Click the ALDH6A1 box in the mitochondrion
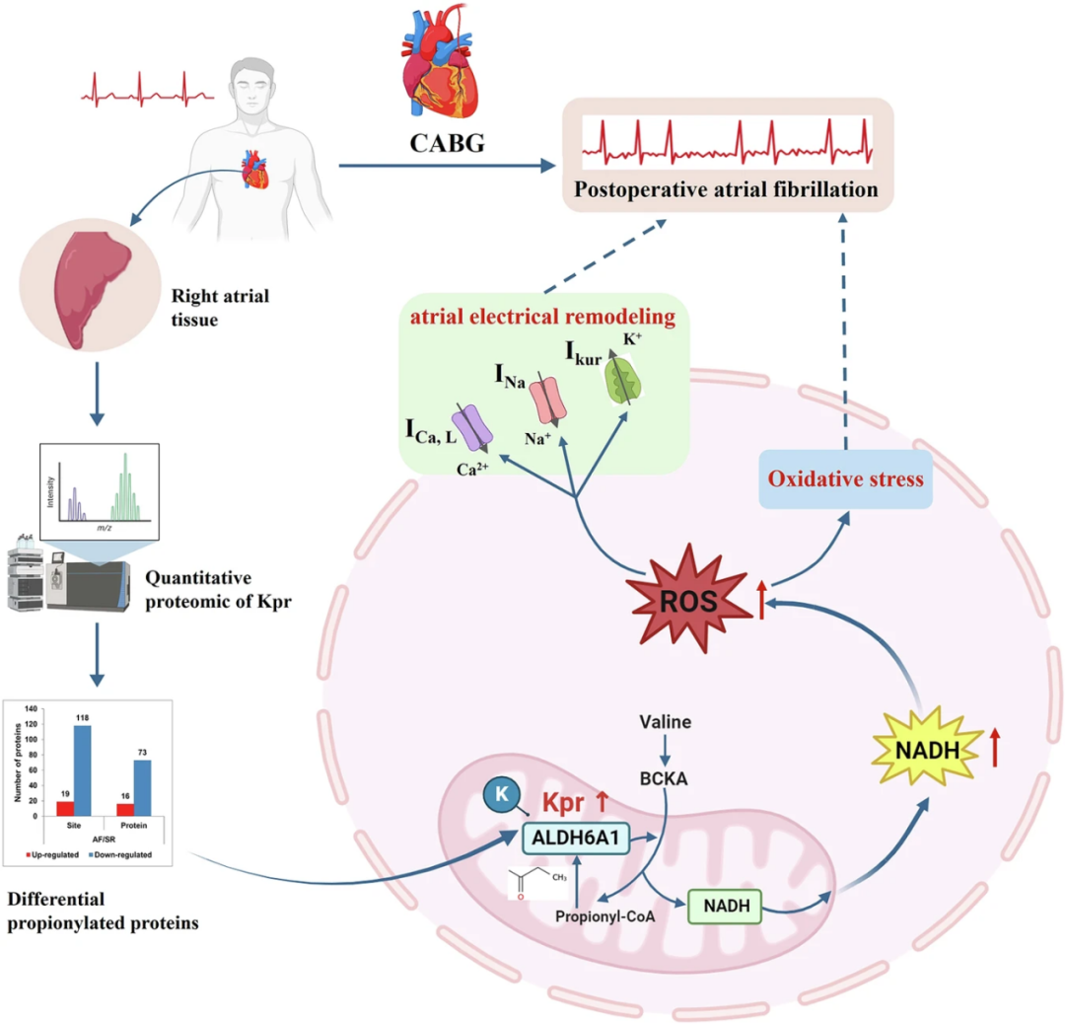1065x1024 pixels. (576, 838)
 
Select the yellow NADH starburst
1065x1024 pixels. (928, 749)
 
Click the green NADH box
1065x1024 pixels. (725, 906)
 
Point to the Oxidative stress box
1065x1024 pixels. (846, 479)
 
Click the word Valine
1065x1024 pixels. (665, 721)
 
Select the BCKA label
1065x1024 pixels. (664, 778)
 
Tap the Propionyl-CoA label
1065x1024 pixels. (605, 916)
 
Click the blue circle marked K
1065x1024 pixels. (502, 794)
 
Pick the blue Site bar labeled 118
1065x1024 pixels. (82, 770)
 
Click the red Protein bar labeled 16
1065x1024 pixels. (125, 810)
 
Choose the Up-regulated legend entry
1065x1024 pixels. (52, 854)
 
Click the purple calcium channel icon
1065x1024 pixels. (472, 427)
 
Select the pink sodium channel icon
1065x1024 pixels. (548, 401)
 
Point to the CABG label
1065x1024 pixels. (447, 143)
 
